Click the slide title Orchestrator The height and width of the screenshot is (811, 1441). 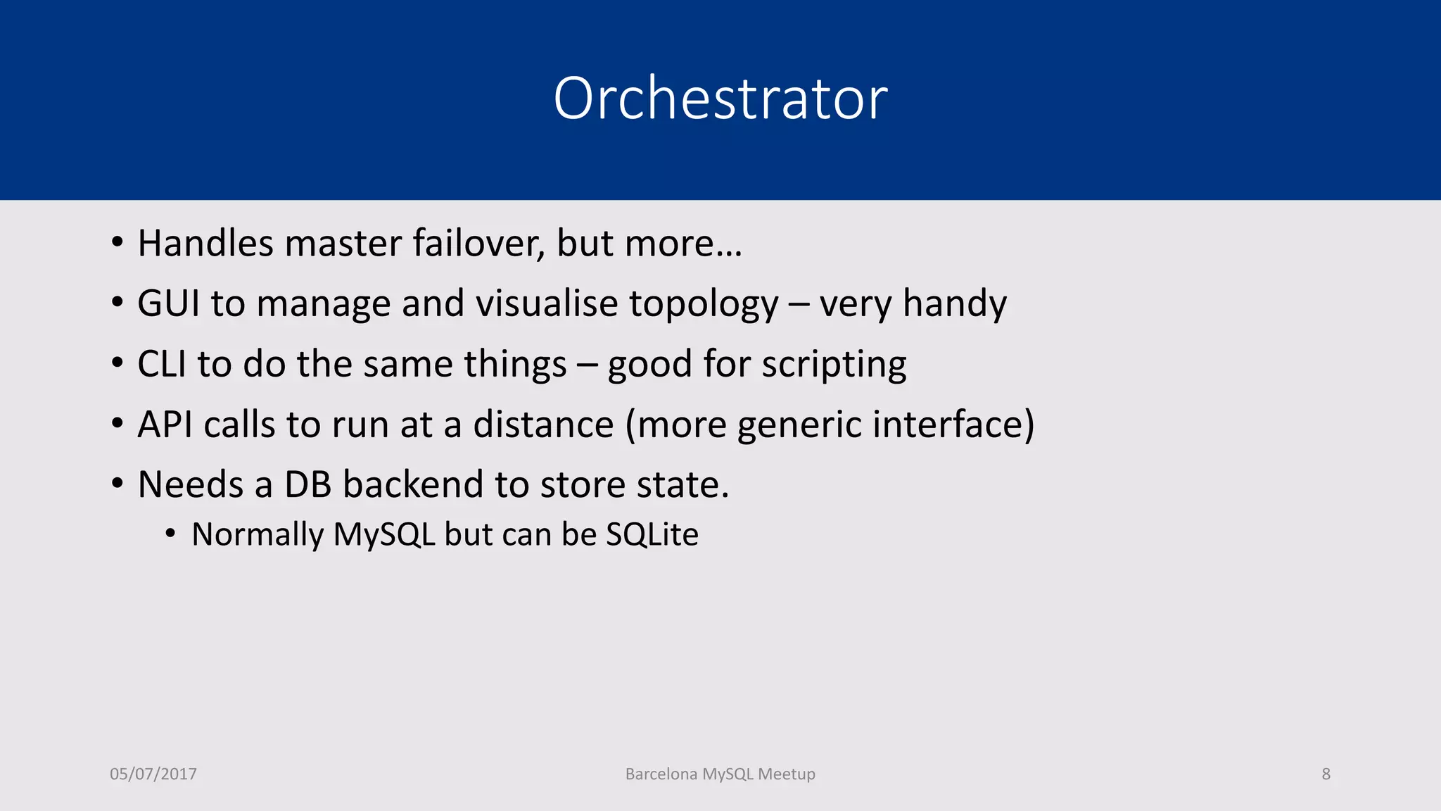pos(720,99)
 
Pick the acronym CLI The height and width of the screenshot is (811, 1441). pos(161,365)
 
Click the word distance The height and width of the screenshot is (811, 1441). pos(543,425)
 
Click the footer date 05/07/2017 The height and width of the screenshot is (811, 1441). pos(153,774)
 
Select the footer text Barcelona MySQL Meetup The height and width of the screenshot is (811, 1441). pos(720,774)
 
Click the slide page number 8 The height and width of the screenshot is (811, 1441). pos(1326,774)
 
